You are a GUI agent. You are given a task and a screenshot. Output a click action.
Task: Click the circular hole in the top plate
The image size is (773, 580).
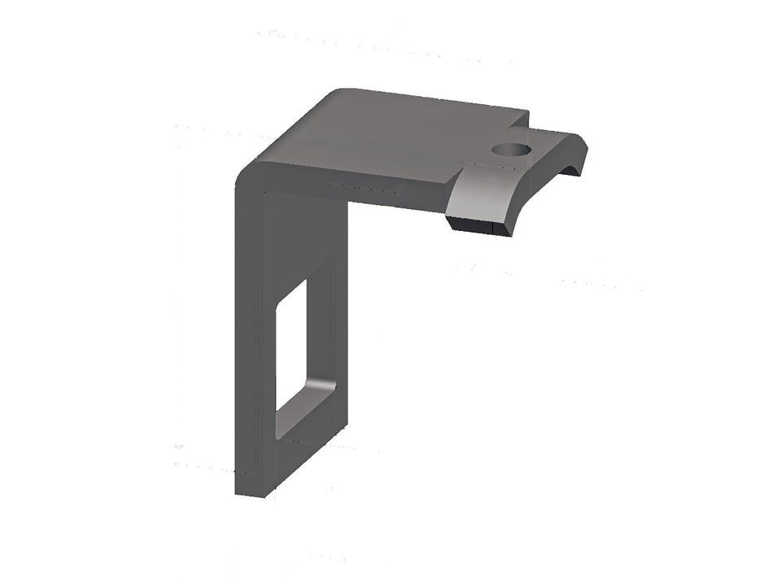[x=510, y=150]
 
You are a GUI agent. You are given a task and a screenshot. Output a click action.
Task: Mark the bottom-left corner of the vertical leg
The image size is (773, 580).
[x=237, y=493]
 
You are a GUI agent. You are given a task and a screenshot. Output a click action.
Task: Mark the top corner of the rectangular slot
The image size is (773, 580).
[x=306, y=280]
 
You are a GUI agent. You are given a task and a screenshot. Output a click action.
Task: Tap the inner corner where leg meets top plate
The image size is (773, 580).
[x=347, y=203]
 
